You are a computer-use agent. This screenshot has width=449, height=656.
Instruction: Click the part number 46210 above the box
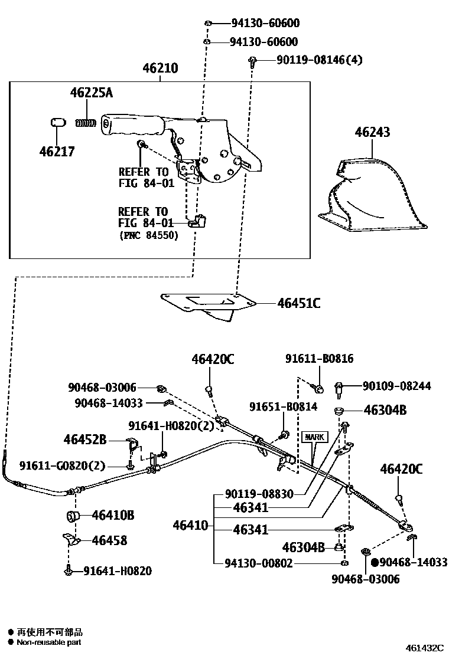click(x=160, y=68)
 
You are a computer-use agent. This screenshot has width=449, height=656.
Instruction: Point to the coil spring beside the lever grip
click(x=86, y=123)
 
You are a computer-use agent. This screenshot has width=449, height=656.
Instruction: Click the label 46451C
click(x=298, y=304)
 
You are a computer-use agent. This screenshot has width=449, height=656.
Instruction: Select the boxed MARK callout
click(x=314, y=437)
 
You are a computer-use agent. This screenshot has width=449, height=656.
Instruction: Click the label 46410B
click(x=113, y=516)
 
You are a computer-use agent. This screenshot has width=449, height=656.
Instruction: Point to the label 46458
click(x=109, y=540)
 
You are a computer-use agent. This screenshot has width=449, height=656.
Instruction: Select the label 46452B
click(x=85, y=439)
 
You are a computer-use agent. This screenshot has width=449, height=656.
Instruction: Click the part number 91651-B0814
click(x=282, y=406)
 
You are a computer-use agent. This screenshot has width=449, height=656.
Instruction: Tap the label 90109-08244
click(x=396, y=386)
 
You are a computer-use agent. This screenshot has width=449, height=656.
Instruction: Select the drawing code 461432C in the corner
click(x=424, y=647)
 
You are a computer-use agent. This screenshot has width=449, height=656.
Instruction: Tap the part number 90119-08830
click(x=259, y=494)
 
